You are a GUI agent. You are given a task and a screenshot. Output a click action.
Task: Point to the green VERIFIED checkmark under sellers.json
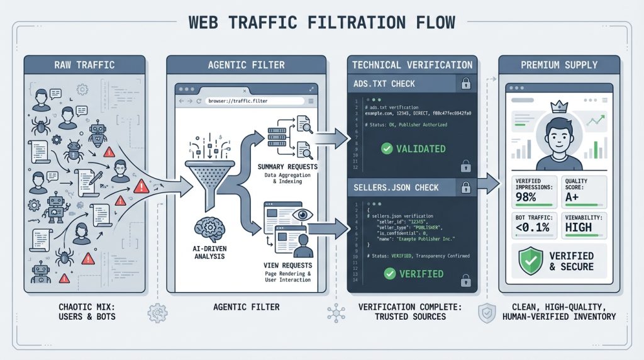[390, 274]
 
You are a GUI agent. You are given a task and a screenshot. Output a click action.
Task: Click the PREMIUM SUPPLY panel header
[559, 64]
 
